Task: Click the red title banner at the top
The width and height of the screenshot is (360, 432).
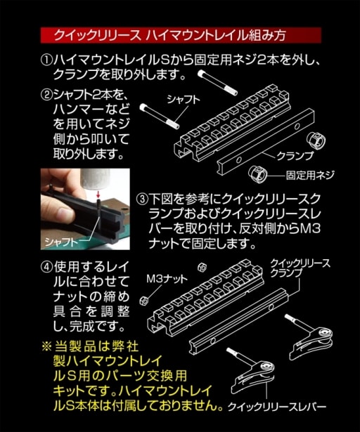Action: tap(181, 35)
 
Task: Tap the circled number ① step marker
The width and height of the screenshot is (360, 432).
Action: tap(46, 60)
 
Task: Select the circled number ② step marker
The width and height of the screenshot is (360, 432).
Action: tap(46, 95)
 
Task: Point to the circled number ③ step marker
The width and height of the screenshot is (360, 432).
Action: tap(142, 199)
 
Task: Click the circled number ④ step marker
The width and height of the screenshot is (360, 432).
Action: tap(46, 266)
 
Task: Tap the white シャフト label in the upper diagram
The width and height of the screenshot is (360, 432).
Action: tap(184, 100)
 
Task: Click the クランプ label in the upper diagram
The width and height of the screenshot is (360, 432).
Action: tap(295, 156)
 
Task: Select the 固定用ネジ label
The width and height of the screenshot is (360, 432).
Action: tap(310, 175)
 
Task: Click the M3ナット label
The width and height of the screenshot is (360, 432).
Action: tap(167, 279)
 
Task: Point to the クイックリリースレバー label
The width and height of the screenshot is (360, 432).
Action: tap(277, 407)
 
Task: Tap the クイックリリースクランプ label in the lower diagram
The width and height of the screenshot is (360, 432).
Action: tap(300, 268)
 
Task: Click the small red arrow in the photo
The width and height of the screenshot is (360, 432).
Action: tap(97, 194)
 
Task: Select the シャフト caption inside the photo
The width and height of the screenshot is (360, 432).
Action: tap(61, 242)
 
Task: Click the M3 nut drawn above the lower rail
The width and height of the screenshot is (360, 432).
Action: tap(202, 267)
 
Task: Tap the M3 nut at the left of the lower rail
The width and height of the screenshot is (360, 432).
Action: tap(144, 301)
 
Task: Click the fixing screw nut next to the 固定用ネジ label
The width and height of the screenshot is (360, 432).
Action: tap(258, 174)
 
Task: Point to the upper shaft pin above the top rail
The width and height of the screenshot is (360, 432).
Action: tap(217, 82)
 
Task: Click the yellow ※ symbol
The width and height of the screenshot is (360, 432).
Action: tap(46, 346)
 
